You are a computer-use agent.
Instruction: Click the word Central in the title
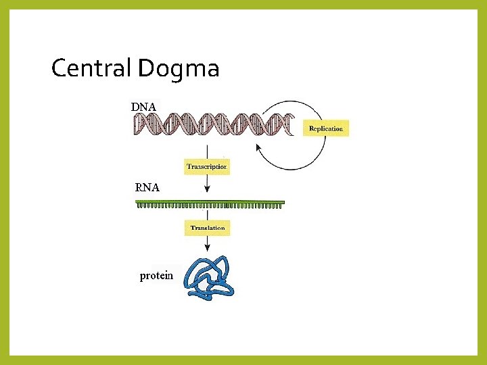point(92,68)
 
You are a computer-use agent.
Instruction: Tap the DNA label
point(143,107)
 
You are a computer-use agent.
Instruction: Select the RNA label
point(147,188)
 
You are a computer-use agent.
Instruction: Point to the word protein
point(156,276)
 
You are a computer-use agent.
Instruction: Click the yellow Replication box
point(325,128)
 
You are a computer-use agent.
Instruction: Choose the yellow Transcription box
point(207,166)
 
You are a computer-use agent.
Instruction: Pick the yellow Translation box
point(207,228)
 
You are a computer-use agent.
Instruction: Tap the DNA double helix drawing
point(214,124)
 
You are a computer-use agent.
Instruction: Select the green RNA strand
point(210,203)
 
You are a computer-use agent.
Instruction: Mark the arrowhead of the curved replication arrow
point(258,147)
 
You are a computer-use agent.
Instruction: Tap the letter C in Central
point(59,68)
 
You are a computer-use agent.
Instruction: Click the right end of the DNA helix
point(292,124)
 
